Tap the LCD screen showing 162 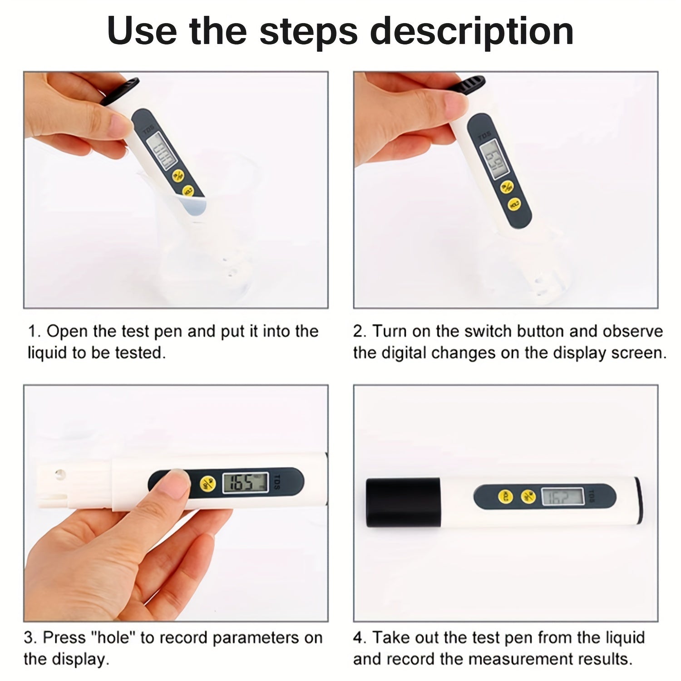pyautogui.click(x=563, y=497)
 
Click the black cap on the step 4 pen pyautogui.click(x=403, y=502)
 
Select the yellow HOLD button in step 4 pyautogui.click(x=505, y=497)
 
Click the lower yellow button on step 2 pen pyautogui.click(x=514, y=205)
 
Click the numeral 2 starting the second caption pyautogui.click(x=359, y=332)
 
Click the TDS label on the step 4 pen pyautogui.click(x=591, y=495)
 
